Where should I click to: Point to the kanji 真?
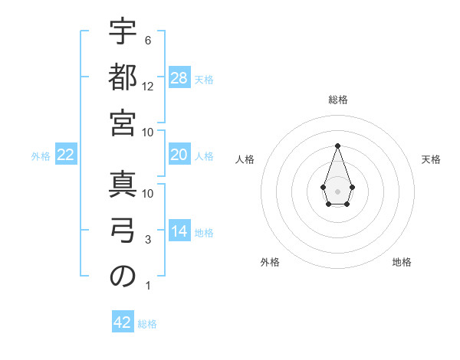(x=123, y=183)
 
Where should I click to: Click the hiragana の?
(x=123, y=276)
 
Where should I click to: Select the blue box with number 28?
(x=179, y=78)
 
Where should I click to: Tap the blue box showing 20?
(x=179, y=155)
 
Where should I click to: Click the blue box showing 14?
(x=179, y=231)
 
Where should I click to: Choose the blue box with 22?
(x=66, y=155)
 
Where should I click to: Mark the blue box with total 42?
(x=123, y=322)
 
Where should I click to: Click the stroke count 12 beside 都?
(x=148, y=87)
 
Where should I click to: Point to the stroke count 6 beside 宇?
(x=147, y=40)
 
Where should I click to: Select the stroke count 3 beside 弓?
(x=147, y=241)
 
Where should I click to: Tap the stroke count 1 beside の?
(x=147, y=286)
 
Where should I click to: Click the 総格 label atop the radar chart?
(x=337, y=100)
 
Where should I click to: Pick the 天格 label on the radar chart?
(x=431, y=159)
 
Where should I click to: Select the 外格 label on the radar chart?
(x=270, y=262)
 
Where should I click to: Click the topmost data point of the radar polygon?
(x=337, y=146)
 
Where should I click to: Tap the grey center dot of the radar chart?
(x=337, y=190)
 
